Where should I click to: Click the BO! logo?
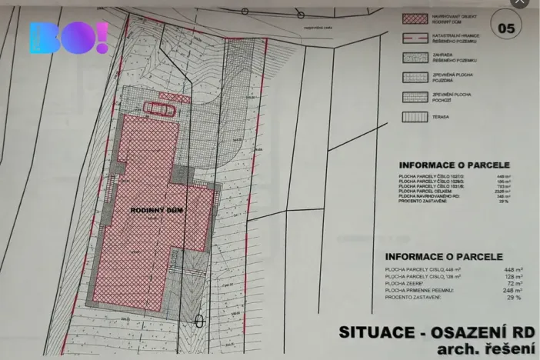(x=69, y=38)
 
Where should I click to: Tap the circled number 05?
(x=507, y=29)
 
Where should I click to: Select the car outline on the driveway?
(x=162, y=108)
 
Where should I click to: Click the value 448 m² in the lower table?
(x=512, y=270)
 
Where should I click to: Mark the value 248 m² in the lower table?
(x=512, y=291)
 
